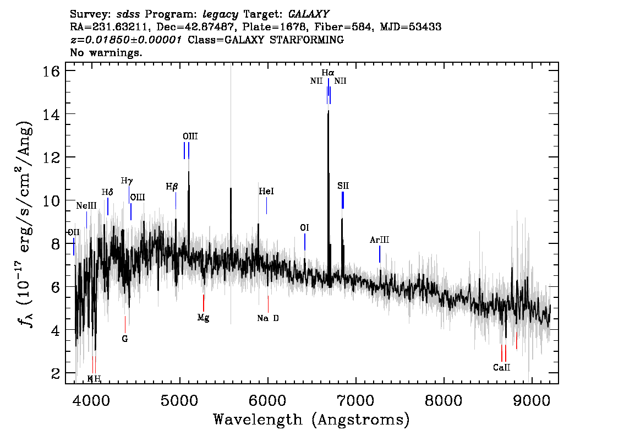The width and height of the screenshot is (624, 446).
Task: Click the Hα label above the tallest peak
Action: (328, 72)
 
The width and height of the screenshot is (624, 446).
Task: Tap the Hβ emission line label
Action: (172, 187)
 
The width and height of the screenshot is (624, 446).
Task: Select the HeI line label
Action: (266, 192)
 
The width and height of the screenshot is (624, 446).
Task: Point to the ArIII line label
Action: (380, 240)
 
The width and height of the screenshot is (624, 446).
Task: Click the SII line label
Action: (343, 186)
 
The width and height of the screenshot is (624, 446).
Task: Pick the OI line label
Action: (305, 227)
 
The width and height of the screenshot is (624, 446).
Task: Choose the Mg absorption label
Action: (203, 318)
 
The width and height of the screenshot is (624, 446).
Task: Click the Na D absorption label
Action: (268, 318)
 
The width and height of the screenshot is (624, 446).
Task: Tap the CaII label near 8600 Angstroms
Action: (501, 367)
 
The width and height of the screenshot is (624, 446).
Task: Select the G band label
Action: (125, 339)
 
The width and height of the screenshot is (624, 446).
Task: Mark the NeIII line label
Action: (86, 206)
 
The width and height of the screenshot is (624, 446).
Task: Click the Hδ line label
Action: (107, 192)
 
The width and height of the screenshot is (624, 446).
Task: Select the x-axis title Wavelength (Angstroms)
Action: (311, 420)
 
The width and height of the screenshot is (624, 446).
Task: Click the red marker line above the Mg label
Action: (204, 303)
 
